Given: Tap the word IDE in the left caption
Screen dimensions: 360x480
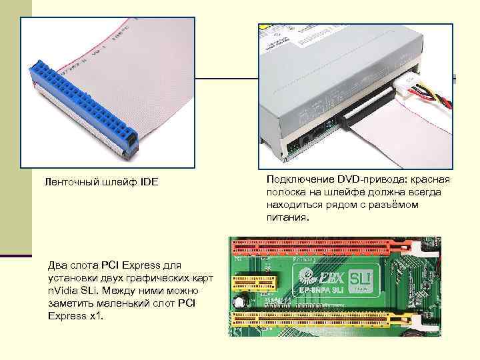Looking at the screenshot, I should [x=149, y=181].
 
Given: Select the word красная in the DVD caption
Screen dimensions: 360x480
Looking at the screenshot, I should [x=431, y=180].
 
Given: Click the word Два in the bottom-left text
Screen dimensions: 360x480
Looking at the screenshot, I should [x=57, y=267].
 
